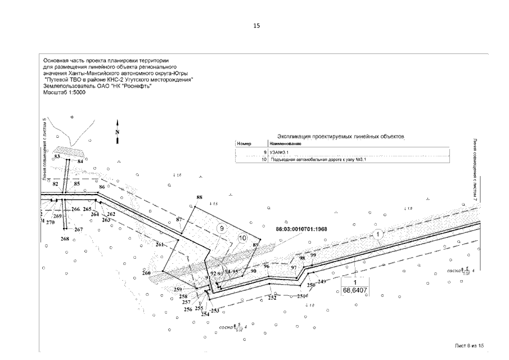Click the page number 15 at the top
coord(256,26)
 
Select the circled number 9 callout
coord(222,229)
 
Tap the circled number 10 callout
coord(243,238)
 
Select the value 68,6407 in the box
coord(355,290)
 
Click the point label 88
coord(199,197)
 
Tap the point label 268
coord(65,239)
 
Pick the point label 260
coord(147,273)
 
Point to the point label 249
coord(322,281)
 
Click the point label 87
coord(179,219)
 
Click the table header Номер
coord(244,144)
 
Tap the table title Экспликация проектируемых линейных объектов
coord(341,137)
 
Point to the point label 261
coord(159,244)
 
